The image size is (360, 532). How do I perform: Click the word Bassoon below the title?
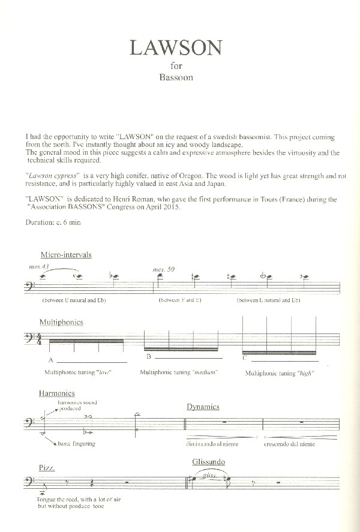point(176,77)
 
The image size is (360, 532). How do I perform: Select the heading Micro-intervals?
point(66,254)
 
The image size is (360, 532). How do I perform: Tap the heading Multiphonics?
point(61,322)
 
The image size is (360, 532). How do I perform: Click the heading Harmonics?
point(56,393)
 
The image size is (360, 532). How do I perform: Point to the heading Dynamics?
point(203,407)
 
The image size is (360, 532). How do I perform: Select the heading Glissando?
point(209,462)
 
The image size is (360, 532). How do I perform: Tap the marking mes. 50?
point(164,269)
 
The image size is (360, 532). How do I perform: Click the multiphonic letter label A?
point(51,360)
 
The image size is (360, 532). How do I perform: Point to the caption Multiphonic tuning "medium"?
point(178,372)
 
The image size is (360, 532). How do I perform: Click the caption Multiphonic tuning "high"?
point(280,373)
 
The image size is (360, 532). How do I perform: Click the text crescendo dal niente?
point(289,444)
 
